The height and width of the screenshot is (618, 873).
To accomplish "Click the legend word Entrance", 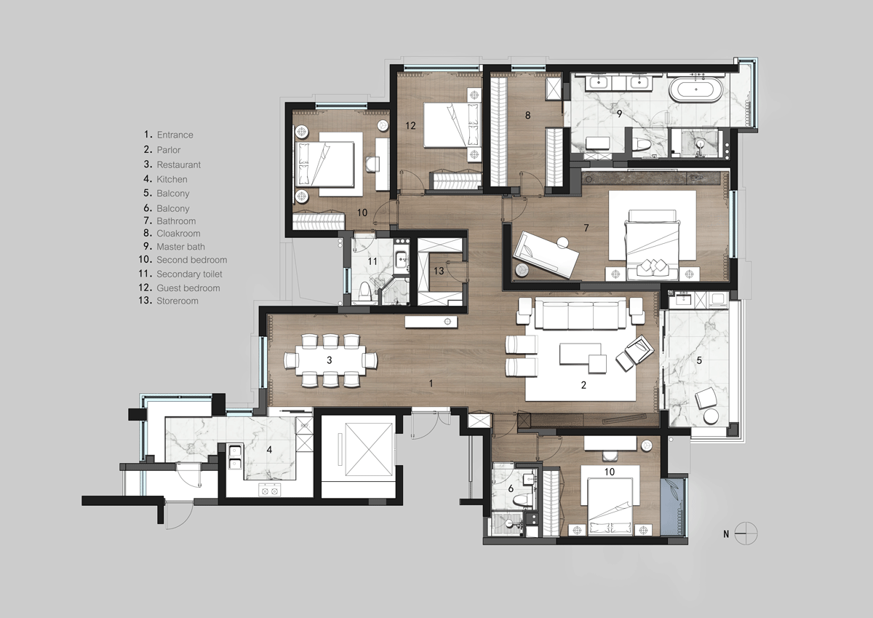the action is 175,135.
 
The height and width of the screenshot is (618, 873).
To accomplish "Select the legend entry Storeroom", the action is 178,301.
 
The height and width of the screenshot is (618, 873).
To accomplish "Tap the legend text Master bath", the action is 180,247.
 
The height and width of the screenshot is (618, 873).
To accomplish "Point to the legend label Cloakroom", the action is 178,234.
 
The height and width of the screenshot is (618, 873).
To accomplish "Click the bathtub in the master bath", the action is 696,90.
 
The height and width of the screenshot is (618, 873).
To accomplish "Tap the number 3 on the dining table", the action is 330,360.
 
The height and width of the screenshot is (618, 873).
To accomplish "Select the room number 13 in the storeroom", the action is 439,271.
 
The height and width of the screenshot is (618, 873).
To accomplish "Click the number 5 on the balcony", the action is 699,360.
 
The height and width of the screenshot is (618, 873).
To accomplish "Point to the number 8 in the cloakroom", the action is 527,116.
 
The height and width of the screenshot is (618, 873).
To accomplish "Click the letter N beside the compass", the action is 726,534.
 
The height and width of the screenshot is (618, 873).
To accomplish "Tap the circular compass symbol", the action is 746,534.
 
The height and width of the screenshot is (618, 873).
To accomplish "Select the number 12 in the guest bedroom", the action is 410,125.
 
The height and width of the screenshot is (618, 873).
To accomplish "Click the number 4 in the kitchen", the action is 269,450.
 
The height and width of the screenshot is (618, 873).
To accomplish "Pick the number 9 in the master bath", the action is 619,114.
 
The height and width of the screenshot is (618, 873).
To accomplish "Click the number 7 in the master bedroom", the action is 586,228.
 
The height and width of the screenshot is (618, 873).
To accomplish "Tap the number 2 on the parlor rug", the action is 583,385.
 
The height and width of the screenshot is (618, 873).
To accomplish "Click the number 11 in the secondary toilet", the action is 372,261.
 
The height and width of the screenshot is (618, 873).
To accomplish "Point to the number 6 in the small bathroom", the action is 511,488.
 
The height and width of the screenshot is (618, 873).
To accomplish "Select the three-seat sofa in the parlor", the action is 581,314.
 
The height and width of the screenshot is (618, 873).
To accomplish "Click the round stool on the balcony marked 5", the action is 711,417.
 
